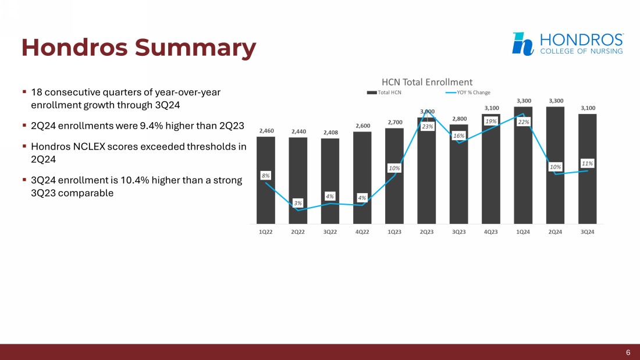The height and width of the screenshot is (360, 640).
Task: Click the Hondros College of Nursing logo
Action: (x=567, y=44)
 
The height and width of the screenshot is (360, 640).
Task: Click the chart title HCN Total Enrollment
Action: (x=426, y=83)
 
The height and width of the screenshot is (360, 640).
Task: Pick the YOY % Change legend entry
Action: (x=468, y=92)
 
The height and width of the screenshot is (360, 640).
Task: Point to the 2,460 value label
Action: (x=266, y=131)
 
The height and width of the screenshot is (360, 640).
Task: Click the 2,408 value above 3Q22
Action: (x=330, y=133)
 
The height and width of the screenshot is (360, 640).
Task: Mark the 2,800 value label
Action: (x=458, y=119)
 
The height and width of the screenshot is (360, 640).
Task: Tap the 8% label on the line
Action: (x=265, y=174)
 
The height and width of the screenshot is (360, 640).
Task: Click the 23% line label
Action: (x=428, y=126)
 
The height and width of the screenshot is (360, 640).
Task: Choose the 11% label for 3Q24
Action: (x=587, y=164)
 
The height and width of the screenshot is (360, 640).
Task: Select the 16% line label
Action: (x=458, y=136)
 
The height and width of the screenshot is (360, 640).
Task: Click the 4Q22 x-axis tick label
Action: (x=362, y=231)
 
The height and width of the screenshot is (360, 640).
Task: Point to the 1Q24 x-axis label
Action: (x=523, y=231)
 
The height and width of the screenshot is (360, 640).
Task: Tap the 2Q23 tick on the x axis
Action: (x=426, y=231)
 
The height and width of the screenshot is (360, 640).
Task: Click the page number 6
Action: (x=628, y=352)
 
